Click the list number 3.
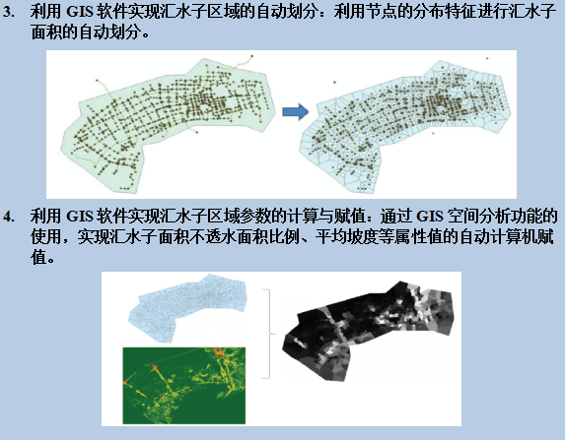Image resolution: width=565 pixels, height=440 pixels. tap(8, 13)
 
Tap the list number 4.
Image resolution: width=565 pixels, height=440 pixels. tap(8, 217)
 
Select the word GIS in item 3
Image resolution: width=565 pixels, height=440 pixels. tap(80, 12)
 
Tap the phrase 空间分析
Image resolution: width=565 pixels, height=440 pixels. tap(480, 216)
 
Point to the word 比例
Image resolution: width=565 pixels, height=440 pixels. tap(282, 236)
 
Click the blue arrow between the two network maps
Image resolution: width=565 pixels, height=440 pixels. tap(296, 111)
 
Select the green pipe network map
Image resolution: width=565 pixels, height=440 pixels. tap(169, 124)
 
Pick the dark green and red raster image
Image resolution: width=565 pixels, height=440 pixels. tap(184, 385)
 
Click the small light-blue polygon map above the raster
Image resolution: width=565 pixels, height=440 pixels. tap(187, 307)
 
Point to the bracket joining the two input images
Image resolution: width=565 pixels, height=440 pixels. tap(269, 334)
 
